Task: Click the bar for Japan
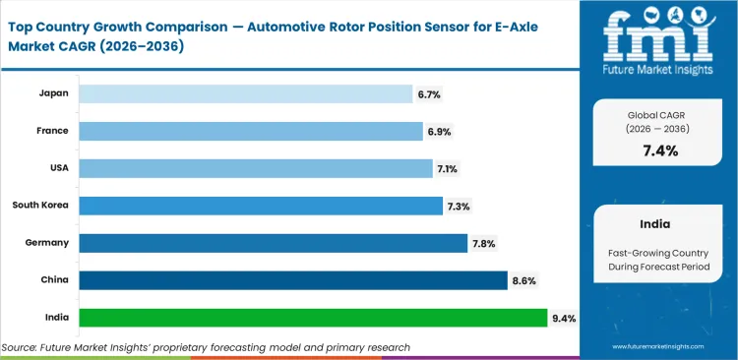tap(245, 93)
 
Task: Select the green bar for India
tap(312, 318)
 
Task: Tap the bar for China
tap(292, 280)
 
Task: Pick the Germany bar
tap(273, 243)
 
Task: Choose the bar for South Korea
tap(260, 206)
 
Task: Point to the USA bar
tap(255, 168)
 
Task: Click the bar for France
tap(250, 131)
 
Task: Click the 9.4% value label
tap(565, 318)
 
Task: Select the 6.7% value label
tap(429, 93)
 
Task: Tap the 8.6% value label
tap(524, 280)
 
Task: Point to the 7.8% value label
tap(484, 243)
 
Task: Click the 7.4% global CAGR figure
tap(659, 150)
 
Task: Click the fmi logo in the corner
tap(659, 40)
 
